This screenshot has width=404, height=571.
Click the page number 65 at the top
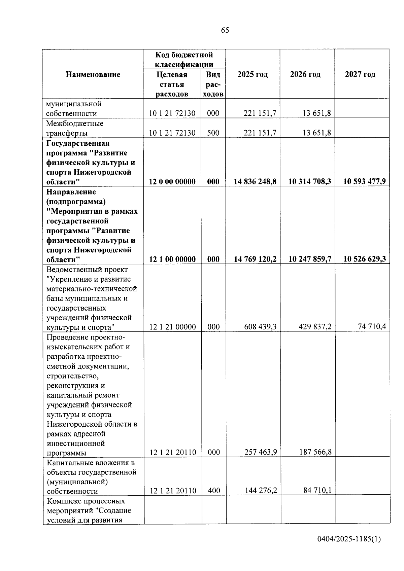tap(225, 30)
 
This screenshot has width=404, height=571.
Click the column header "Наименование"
tap(93, 74)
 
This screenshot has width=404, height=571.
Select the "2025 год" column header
tap(252, 74)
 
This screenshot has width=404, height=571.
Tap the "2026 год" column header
tap(305, 74)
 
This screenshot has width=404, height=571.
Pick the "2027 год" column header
tap(360, 74)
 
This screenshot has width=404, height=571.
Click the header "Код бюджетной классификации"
tap(184, 60)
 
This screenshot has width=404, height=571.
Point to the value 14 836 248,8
tap(255, 182)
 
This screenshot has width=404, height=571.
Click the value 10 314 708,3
tap(310, 182)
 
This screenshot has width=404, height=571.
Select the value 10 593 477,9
tap(364, 182)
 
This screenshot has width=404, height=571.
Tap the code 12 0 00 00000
tap(172, 182)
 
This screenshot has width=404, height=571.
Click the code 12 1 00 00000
tap(172, 259)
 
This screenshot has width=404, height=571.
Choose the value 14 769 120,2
tap(255, 259)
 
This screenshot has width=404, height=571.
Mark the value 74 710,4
tap(372, 326)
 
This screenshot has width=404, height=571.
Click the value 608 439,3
tap(261, 327)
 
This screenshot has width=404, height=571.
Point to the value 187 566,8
tap(315, 452)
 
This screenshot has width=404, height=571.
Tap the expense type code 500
tap(213, 133)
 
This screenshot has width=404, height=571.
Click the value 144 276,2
tap(261, 491)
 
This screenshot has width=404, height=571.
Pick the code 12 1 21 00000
tap(172, 327)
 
